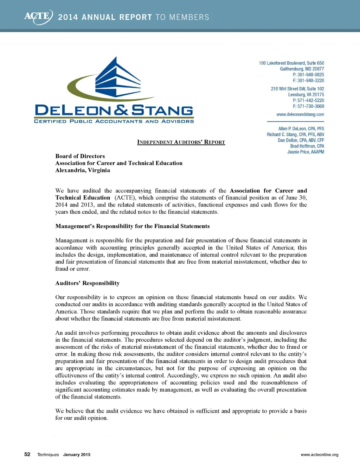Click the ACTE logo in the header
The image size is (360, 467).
click(x=38, y=17)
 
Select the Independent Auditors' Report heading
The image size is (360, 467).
click(x=181, y=142)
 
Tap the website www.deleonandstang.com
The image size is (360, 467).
click(x=300, y=114)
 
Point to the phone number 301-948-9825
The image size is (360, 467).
click(x=308, y=75)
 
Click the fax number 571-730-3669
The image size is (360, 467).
click(x=308, y=106)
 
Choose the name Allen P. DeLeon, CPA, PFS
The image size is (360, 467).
click(x=301, y=129)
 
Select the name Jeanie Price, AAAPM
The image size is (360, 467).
click(x=306, y=152)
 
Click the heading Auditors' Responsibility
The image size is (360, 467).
click(x=87, y=283)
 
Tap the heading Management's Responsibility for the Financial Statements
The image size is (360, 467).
click(x=132, y=226)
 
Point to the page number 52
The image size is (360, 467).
click(x=27, y=454)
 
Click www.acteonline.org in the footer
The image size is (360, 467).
click(x=319, y=455)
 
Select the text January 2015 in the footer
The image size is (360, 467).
click(x=77, y=455)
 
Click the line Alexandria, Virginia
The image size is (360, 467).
click(x=83, y=170)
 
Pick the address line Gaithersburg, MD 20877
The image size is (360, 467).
click(x=302, y=69)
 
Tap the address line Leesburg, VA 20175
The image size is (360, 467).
click(x=306, y=95)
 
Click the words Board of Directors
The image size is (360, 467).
click(x=80, y=156)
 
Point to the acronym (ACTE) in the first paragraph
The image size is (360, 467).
click(x=125, y=198)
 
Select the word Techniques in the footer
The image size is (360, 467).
click(x=48, y=455)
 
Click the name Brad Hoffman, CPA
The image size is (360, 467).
click(x=307, y=146)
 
